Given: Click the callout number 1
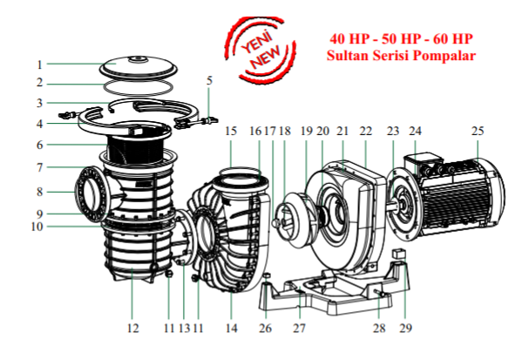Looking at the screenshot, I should click(39, 65).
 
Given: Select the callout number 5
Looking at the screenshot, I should click(209, 81).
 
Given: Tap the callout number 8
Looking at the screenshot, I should click(39, 191).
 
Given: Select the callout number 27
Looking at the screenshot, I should click(299, 329).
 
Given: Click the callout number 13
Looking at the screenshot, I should click(184, 329).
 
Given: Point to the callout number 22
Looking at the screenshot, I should click(366, 131).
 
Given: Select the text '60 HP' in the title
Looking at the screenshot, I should click(451, 39).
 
